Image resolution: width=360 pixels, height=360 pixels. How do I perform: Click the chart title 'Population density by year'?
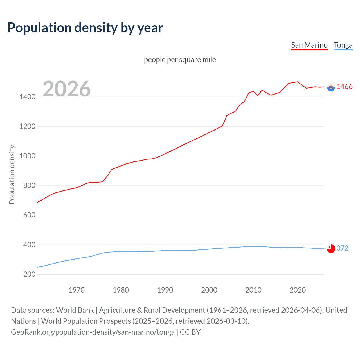[x=85, y=28]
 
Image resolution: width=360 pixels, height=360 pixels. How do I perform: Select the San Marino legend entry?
[x=309, y=45]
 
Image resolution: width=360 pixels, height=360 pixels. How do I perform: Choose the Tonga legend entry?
[x=343, y=45]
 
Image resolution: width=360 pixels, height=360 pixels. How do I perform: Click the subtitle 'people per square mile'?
[x=180, y=60]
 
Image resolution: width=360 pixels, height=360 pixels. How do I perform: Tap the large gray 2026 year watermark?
[x=67, y=89]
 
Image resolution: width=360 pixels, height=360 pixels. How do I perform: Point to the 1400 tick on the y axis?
[x=27, y=97]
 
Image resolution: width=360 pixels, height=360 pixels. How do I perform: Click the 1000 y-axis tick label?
[x=27, y=156]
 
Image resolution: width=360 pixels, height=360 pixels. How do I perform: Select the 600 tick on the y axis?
[x=29, y=215]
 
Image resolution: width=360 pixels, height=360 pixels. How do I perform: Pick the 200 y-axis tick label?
[x=29, y=274]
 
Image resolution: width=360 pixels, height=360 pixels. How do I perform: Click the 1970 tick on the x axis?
[x=76, y=290]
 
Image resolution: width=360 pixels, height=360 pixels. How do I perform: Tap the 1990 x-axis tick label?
[x=165, y=290]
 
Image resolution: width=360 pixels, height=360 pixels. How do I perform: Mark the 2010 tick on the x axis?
[x=253, y=290]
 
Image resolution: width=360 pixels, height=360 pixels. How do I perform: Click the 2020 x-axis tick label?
[x=298, y=290]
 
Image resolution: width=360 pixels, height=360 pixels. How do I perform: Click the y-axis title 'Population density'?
[x=12, y=174]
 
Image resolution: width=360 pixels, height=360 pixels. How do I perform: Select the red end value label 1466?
[x=345, y=87]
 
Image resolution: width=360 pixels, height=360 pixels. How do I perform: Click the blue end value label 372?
[x=342, y=248]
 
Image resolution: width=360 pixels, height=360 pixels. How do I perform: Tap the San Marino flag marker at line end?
[x=331, y=87]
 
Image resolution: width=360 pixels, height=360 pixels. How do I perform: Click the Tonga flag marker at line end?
[x=331, y=249]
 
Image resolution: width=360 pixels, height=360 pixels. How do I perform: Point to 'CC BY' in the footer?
[x=190, y=332]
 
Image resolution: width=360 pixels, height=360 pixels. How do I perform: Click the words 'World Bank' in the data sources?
[x=75, y=310]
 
